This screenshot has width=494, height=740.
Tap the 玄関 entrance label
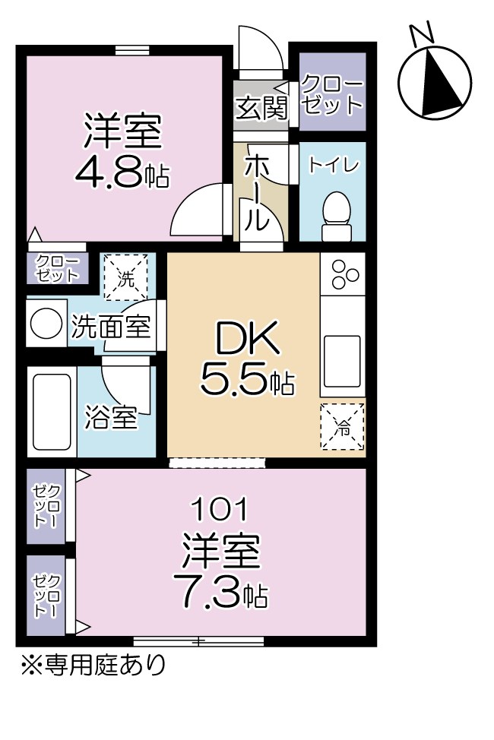click(x=261, y=109)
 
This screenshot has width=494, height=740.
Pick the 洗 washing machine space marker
click(x=127, y=277)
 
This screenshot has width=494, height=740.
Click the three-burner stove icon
click(x=344, y=274)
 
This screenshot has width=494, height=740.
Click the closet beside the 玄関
click(x=332, y=93)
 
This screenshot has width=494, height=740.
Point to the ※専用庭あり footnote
click(x=92, y=666)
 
